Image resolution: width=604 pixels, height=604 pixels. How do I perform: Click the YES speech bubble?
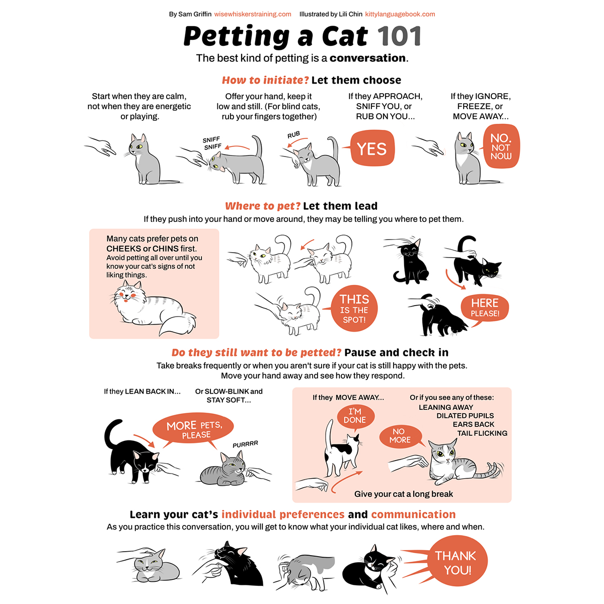[x=372, y=148]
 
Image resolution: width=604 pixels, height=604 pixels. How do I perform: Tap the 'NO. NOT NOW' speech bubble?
[x=501, y=146]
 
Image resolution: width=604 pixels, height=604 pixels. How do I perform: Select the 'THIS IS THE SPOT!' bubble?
[x=354, y=309]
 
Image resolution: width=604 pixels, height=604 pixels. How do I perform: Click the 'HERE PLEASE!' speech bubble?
[x=485, y=308]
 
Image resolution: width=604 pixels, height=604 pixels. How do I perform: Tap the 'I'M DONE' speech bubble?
[x=355, y=416]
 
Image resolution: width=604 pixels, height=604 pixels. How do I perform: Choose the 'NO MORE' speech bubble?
[x=400, y=436]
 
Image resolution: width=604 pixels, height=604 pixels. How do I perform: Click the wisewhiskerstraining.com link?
[x=253, y=14]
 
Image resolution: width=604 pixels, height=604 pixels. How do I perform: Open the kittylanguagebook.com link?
[x=400, y=14]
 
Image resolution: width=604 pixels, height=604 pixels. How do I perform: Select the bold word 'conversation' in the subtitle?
[x=367, y=58]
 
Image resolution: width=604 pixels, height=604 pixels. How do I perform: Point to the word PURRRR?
[x=246, y=444]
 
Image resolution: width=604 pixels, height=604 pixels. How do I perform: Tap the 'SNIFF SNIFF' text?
[x=212, y=143]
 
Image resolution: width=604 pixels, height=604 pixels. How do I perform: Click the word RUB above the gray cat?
[x=293, y=135]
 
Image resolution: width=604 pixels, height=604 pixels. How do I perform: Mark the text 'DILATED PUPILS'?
[x=465, y=416]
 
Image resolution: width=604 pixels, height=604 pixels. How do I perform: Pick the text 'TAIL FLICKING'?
[x=482, y=433]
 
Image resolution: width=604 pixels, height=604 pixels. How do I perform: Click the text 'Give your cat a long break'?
[x=403, y=494]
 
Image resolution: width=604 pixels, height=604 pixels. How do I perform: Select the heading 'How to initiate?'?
[x=265, y=80]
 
